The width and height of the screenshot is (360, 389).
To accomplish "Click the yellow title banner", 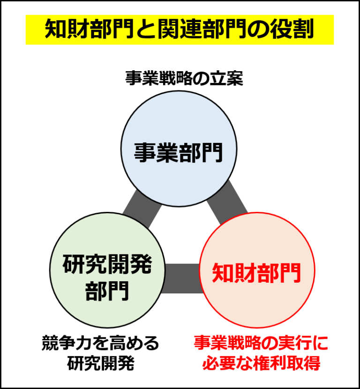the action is (180, 30).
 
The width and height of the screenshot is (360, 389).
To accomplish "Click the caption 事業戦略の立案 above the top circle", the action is (184, 78).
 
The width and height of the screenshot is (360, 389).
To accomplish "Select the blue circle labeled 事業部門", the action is (179, 149).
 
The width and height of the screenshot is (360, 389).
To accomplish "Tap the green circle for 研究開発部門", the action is (107, 270).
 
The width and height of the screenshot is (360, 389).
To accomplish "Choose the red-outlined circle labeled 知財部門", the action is (257, 270).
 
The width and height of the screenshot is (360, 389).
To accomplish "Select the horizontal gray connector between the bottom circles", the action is (182, 278).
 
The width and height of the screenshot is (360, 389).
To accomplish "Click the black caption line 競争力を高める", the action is (100, 343).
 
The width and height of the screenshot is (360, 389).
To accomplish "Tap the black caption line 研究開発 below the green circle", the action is (100, 363).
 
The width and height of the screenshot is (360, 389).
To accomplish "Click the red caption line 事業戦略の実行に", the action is (261, 343).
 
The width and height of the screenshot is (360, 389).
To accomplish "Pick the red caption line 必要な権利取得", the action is (261, 363).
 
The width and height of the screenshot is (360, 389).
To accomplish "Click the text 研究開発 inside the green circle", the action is (107, 264).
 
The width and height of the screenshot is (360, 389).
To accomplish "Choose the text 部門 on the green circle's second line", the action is (107, 291).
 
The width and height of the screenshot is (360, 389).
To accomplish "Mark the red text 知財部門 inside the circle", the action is (257, 273).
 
